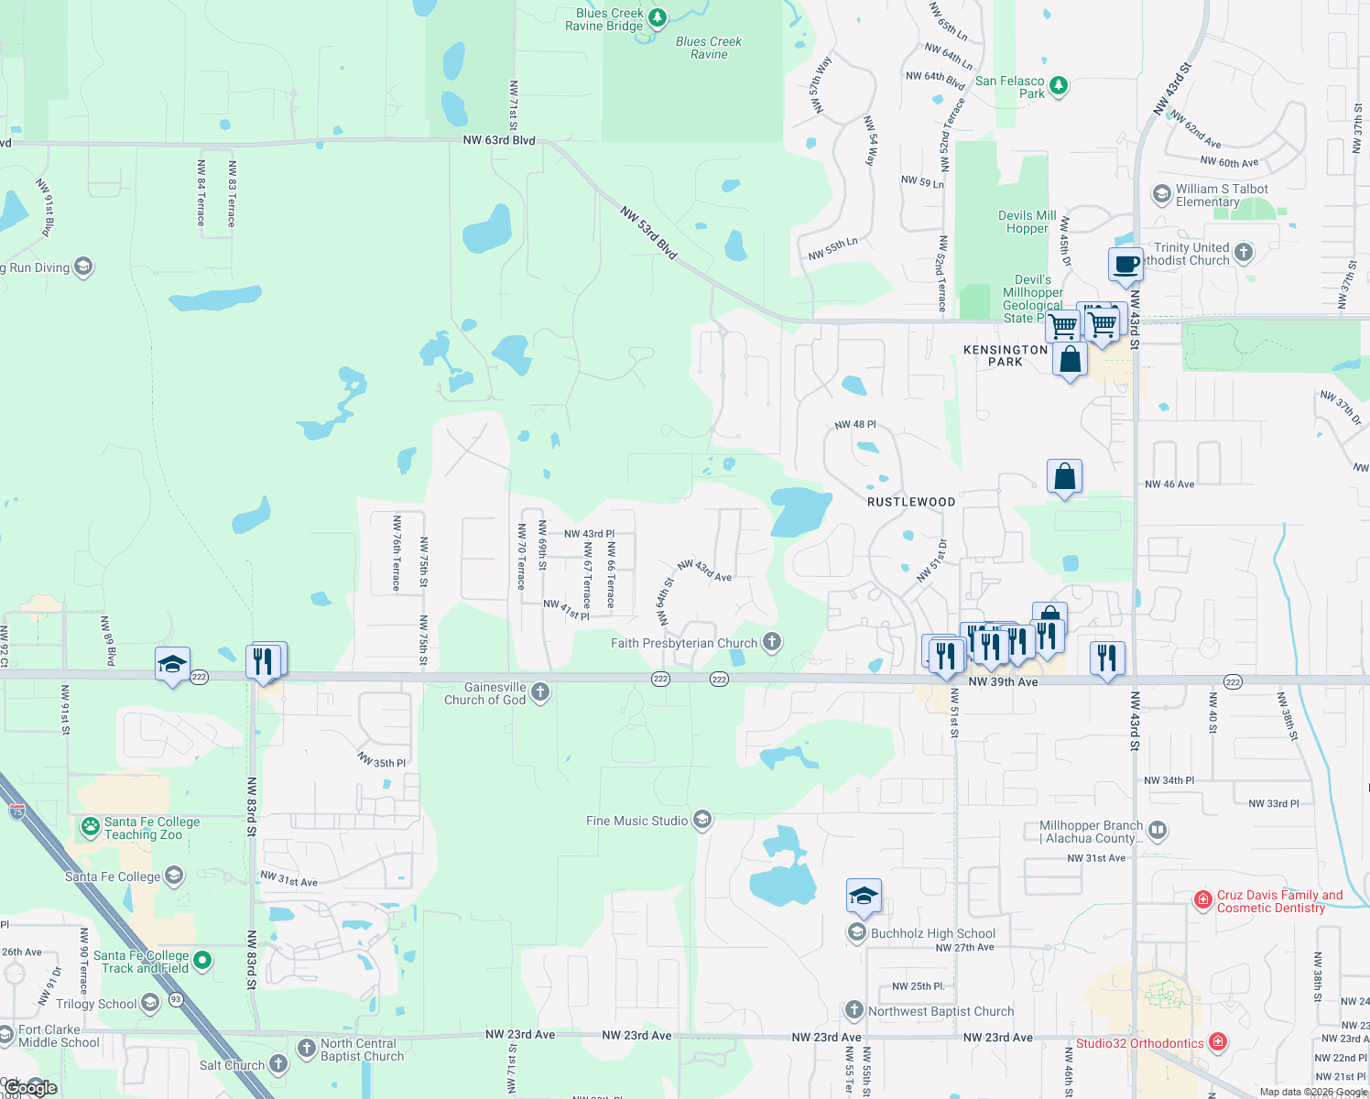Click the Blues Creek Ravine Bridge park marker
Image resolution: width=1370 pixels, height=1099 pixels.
pyautogui.click(x=657, y=17)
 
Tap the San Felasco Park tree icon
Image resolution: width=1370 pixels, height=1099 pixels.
pyautogui.click(x=1059, y=86)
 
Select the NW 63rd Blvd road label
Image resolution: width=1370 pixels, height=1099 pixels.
pyautogui.click(x=499, y=140)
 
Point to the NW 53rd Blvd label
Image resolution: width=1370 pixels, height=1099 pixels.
pyautogui.click(x=648, y=232)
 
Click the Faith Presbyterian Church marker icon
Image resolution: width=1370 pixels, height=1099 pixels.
pyautogui.click(x=772, y=641)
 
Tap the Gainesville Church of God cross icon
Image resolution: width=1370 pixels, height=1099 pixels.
pyautogui.click(x=540, y=691)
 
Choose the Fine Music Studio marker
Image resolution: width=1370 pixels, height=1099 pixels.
pyautogui.click(x=702, y=819)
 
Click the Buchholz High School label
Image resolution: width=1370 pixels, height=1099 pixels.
pyautogui.click(x=932, y=933)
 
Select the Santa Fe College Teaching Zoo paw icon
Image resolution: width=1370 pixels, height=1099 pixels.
pyautogui.click(x=90, y=827)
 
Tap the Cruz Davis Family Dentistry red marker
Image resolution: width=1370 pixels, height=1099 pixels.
pyautogui.click(x=1203, y=900)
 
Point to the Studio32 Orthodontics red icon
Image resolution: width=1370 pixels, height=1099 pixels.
pyautogui.click(x=1217, y=1041)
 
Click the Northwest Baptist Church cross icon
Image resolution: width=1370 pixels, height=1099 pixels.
pyautogui.click(x=854, y=1010)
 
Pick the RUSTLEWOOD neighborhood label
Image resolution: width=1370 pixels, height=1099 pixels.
pyautogui.click(x=911, y=502)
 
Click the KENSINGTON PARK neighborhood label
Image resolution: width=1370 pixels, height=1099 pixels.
pyautogui.click(x=1006, y=355)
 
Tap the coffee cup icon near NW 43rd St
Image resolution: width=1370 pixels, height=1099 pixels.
pyautogui.click(x=1125, y=265)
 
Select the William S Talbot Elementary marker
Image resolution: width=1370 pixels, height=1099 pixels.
pyautogui.click(x=1161, y=193)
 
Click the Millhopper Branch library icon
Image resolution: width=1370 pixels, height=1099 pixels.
pyautogui.click(x=1158, y=831)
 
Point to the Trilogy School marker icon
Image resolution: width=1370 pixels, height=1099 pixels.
pyautogui.click(x=150, y=1003)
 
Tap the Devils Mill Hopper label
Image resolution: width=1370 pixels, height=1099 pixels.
pyautogui.click(x=1027, y=222)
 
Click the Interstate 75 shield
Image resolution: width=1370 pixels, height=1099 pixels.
pyautogui.click(x=16, y=811)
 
